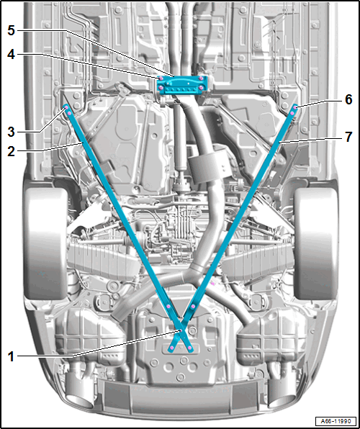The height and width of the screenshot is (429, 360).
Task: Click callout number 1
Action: [11, 357]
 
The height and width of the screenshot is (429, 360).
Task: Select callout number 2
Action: [11, 150]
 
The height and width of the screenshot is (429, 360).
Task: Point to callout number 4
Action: [11, 55]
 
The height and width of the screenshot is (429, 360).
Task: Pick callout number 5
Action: [11, 30]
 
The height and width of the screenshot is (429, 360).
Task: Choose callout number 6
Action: [348, 100]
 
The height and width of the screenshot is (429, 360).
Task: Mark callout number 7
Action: [348, 137]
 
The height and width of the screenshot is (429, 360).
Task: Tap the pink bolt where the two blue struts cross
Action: [181, 331]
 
